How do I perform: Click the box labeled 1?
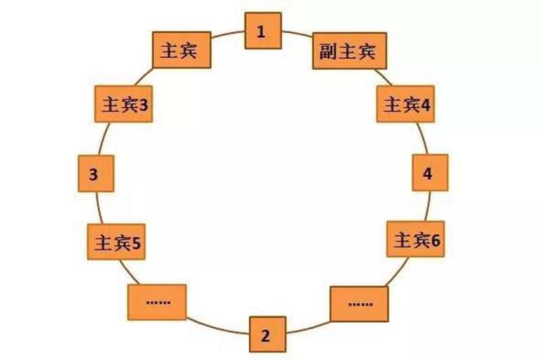[263, 30]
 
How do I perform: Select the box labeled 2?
[268, 334]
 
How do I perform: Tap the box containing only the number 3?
[96, 174]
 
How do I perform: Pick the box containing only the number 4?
[430, 173]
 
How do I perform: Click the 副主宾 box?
[350, 51]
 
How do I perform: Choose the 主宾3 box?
[124, 104]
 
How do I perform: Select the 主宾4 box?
[405, 104]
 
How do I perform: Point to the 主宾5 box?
[116, 242]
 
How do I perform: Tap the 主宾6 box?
[415, 239]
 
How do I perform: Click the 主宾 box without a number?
[181, 50]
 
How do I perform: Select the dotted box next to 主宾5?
[157, 302]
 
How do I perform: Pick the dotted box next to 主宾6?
[359, 304]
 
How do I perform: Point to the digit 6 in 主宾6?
[436, 240]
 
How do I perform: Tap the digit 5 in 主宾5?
[136, 244]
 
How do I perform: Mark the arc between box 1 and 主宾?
[228, 33]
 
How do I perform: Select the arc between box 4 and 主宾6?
[428, 206]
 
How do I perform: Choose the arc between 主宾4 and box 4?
[423, 138]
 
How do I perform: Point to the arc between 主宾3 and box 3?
[103, 139]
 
